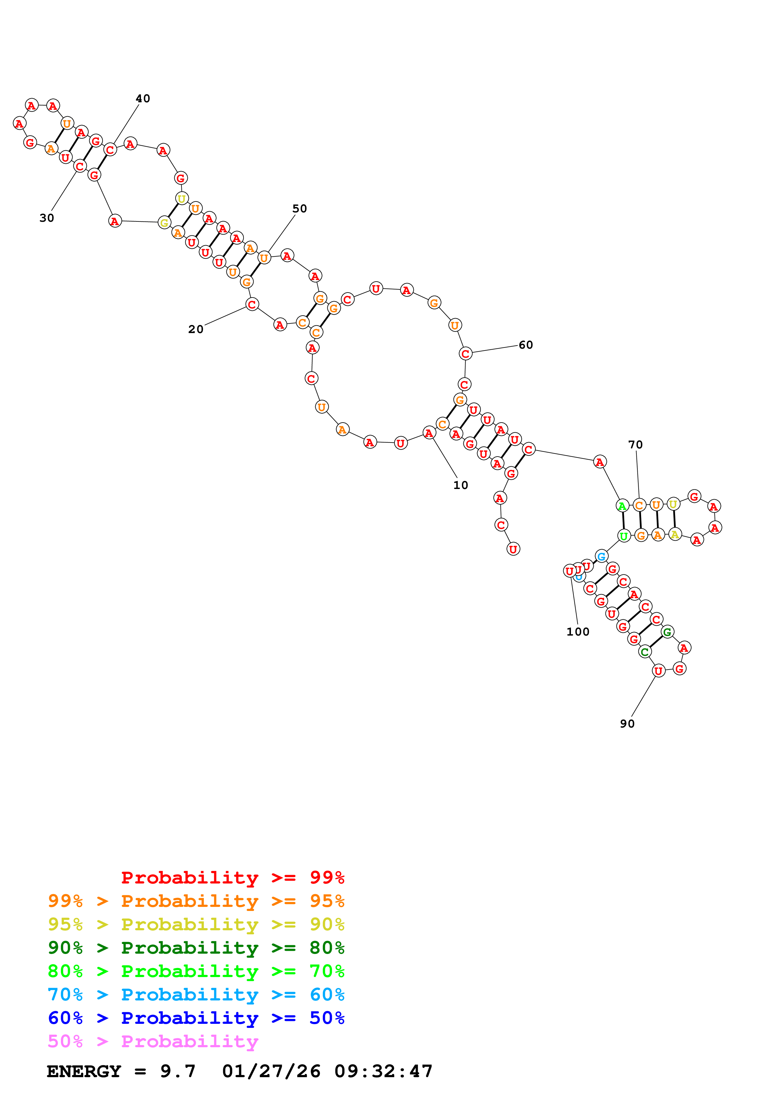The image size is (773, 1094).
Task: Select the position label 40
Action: coord(143,99)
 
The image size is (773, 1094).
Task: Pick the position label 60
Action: coord(525,345)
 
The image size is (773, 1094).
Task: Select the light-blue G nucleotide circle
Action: coord(601,556)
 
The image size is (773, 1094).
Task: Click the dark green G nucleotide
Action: coord(667,632)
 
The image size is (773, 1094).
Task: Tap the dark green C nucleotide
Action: coord(645,652)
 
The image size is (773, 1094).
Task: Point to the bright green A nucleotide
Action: coord(622,506)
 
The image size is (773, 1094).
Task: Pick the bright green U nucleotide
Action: coord(623,536)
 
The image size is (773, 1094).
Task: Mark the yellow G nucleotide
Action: coord(164,223)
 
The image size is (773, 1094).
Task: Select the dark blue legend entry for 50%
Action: coord(196,1018)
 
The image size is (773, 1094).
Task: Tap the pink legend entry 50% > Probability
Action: coord(153,1041)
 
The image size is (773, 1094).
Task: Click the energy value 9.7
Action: coord(178,1071)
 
